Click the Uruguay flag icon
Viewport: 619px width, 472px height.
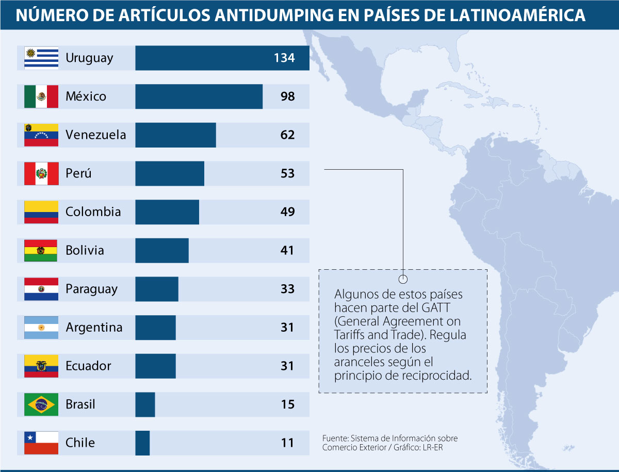[41, 58]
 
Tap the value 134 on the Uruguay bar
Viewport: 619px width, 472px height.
[284, 58]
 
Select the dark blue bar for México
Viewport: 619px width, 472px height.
[199, 96]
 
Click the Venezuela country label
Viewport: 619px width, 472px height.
[95, 135]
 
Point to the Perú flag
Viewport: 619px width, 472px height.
[41, 173]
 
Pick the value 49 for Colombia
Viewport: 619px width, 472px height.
[287, 211]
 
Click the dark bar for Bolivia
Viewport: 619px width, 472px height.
[162, 250]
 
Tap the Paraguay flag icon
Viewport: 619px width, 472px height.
[41, 289]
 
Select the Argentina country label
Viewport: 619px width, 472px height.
[94, 327]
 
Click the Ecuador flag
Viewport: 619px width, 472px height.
[41, 366]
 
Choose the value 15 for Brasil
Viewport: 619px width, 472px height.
[287, 404]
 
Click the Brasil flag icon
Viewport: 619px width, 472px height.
[41, 404]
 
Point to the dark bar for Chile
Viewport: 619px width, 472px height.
[142, 443]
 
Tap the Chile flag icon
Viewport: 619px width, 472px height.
[41, 443]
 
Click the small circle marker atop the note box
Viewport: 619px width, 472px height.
[403, 279]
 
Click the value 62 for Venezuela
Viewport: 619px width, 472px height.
[287, 135]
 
